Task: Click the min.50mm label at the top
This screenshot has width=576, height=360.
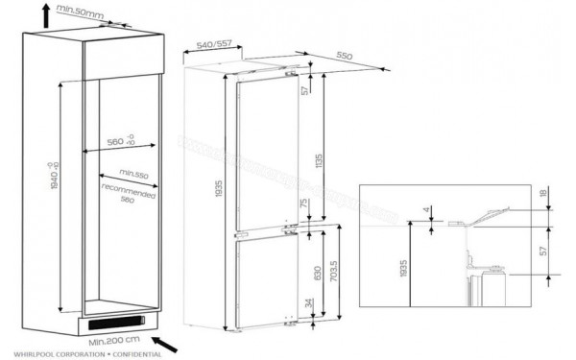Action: point(78,11)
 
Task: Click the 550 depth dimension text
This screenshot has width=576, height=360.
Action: point(347,57)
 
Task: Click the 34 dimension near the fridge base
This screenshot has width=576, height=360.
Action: point(307,305)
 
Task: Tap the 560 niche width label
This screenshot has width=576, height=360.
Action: point(119,143)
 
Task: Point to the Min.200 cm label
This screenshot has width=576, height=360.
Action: point(116,339)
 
